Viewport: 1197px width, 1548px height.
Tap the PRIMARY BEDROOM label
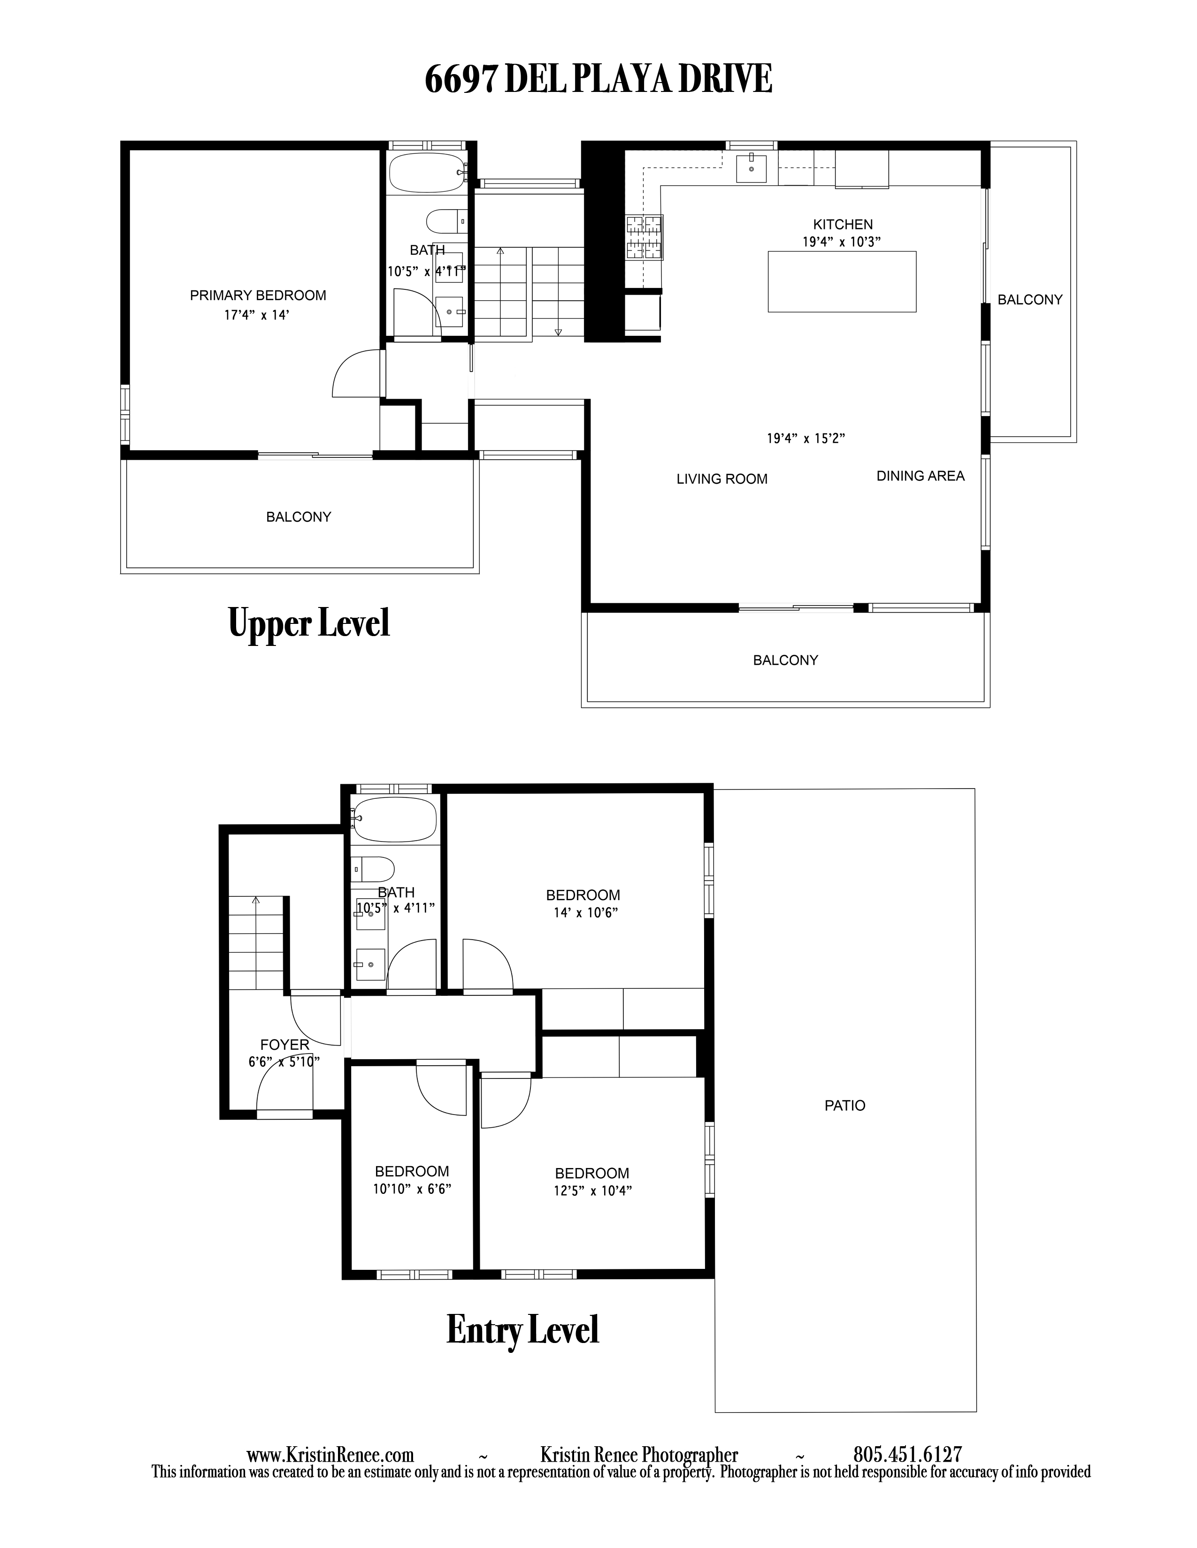pos(258,296)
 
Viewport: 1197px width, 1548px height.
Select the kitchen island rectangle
pos(842,281)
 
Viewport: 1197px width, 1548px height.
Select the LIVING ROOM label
pos(722,479)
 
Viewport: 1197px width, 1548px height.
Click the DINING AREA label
pos(921,476)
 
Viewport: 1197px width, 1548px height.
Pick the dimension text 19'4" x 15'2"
pos(806,439)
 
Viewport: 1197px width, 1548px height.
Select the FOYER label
pos(284,1044)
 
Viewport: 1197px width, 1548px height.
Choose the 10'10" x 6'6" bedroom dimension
pos(412,1189)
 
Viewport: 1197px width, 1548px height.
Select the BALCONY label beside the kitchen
pos(1029,300)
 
